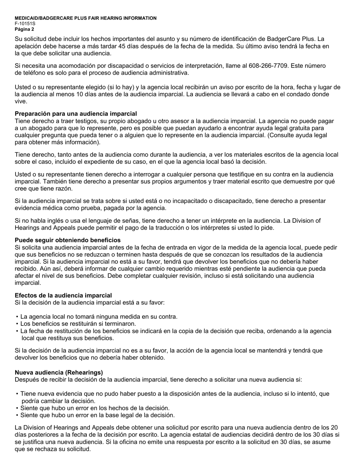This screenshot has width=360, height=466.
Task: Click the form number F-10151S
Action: [25, 23]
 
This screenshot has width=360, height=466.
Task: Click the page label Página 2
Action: [24, 29]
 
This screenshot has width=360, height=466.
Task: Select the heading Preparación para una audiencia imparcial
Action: [76, 114]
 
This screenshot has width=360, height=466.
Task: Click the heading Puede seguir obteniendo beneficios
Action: [67, 240]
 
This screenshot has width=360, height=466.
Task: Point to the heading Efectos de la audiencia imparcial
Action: [63, 296]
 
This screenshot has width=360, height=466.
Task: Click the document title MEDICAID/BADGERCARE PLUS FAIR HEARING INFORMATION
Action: [86, 18]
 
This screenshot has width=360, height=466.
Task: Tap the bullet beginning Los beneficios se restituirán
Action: [78, 324]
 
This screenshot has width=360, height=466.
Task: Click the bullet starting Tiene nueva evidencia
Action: [174, 394]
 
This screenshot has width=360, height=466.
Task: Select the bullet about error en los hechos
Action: [95, 408]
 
